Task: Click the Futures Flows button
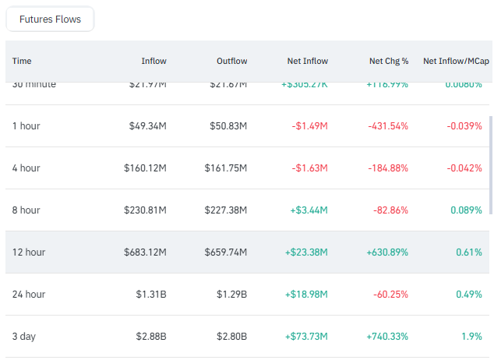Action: tap(50, 19)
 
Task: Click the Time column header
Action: tap(22, 61)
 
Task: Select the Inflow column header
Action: tap(153, 61)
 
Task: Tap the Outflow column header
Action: tap(231, 61)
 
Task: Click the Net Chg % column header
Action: tap(389, 61)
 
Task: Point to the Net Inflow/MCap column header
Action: tap(456, 61)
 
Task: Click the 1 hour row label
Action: tap(26, 126)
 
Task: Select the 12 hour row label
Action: tap(29, 252)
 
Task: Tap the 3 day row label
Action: tap(24, 337)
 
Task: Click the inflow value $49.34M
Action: tap(145, 126)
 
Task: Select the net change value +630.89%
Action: tap(387, 252)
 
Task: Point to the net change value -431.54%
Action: tap(388, 126)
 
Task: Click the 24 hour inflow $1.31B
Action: tap(150, 295)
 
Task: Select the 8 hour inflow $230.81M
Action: tap(143, 210)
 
